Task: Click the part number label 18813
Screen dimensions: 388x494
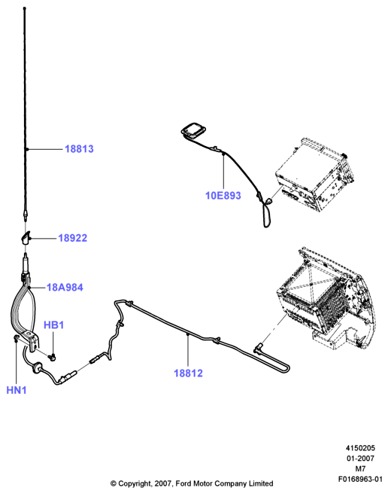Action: click(79, 148)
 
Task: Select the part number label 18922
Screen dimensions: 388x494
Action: click(73, 238)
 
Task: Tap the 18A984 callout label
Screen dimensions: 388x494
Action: click(65, 288)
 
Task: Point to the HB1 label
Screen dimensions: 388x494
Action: click(53, 325)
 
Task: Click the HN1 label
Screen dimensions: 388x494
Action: click(17, 390)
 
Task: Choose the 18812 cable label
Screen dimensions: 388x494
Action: click(188, 373)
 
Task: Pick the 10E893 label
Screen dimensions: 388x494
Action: click(223, 195)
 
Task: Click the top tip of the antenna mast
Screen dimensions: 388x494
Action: click(25, 8)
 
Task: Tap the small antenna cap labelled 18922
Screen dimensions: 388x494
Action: click(26, 237)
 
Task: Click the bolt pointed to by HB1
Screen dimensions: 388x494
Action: click(52, 357)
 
